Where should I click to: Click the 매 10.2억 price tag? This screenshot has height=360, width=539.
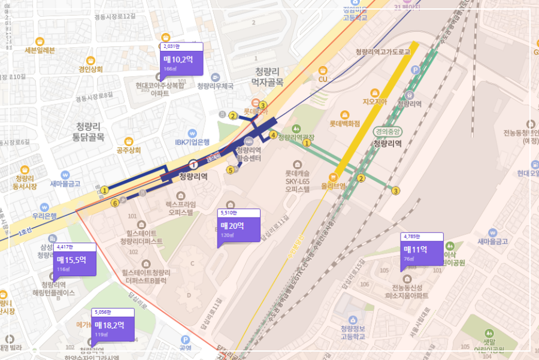coord(181,60)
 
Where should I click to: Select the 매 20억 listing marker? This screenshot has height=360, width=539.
coord(238,228)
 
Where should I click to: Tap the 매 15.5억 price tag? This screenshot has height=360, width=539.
coord(75,261)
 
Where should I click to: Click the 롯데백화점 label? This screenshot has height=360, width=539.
coord(345,124)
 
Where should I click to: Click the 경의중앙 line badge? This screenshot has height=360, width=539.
coord(387,132)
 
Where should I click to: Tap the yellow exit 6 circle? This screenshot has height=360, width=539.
coord(114,203)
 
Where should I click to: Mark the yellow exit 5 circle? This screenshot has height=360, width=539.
coord(230,170)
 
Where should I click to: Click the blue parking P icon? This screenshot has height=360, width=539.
coord(416,70)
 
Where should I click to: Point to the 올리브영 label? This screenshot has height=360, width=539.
coord(334,186)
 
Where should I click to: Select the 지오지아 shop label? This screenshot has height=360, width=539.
coord(376,102)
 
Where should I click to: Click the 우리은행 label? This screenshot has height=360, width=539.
coord(45,216)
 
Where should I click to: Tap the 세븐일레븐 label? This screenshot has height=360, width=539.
coord(40,50)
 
